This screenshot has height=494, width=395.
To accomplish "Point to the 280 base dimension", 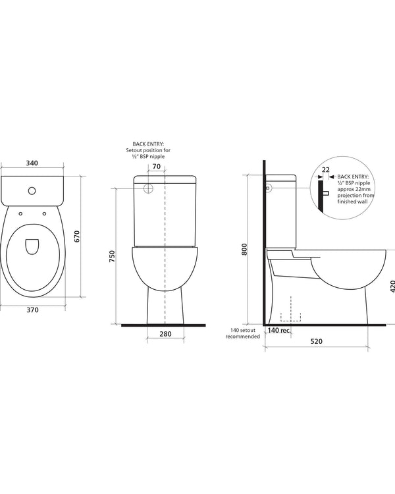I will [x=165, y=334].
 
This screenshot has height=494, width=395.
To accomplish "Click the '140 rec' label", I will [x=278, y=331].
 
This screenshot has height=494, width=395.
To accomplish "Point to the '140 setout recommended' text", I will [x=244, y=333].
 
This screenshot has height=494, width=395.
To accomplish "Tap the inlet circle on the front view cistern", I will [x=147, y=188].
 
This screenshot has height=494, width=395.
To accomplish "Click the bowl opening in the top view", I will [x=32, y=246].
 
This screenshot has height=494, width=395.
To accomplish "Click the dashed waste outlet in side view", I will [x=290, y=316].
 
